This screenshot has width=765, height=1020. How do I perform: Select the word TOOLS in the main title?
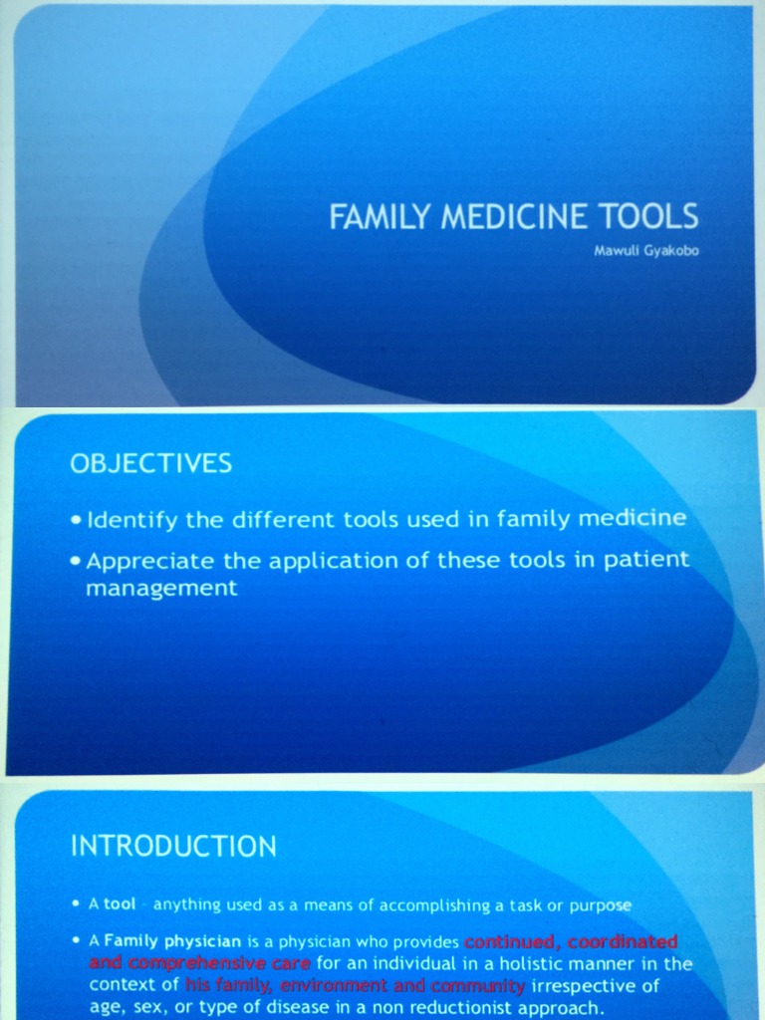pyautogui.click(x=649, y=217)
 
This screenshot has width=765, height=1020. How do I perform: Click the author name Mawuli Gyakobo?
pyautogui.click(x=646, y=250)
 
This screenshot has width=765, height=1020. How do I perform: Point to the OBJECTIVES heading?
pyautogui.click(x=150, y=463)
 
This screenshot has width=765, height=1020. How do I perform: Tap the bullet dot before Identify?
pyautogui.click(x=77, y=521)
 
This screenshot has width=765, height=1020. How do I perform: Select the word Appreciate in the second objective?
pyautogui.click(x=150, y=560)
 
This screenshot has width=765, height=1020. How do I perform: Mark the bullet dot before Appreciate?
pyautogui.click(x=77, y=561)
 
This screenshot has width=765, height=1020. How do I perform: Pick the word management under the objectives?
pyautogui.click(x=161, y=588)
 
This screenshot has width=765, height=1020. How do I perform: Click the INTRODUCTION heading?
pyautogui.click(x=173, y=847)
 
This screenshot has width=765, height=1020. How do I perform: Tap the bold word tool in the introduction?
pyautogui.click(x=120, y=904)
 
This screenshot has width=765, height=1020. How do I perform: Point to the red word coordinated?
pyautogui.click(x=623, y=941)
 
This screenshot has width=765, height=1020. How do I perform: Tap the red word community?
pyautogui.click(x=477, y=986)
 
